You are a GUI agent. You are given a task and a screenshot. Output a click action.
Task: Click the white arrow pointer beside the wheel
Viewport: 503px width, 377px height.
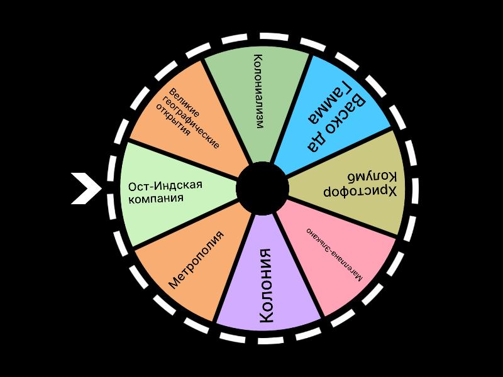(x=86, y=188)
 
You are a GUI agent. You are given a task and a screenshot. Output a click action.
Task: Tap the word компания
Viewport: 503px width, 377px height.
(x=156, y=199)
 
